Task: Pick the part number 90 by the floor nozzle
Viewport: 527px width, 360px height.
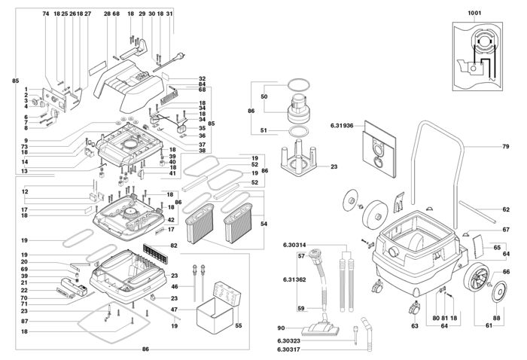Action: coord(281,328)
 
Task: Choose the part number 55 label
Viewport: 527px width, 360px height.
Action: coord(239,325)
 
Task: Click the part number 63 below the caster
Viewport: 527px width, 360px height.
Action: coord(414,326)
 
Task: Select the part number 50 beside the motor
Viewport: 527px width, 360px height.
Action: coord(263,97)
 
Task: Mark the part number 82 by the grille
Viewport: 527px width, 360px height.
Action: coord(174,246)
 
